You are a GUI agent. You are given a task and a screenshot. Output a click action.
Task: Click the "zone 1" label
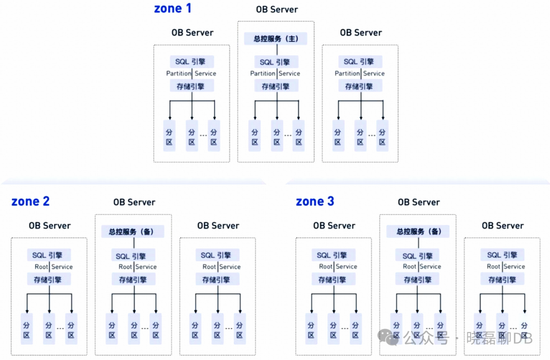pos(173,9)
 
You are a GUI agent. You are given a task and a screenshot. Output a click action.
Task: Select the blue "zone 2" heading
pos(31,202)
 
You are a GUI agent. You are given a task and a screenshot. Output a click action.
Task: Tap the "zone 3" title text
pos(315,202)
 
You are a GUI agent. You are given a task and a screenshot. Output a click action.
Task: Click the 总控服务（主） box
pos(276,39)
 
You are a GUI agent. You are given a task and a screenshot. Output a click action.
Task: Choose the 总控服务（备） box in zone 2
pos(133,232)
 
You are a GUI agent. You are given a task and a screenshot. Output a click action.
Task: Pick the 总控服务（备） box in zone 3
pos(418,232)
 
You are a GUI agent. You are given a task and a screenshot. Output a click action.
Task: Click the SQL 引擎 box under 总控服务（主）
pos(276,62)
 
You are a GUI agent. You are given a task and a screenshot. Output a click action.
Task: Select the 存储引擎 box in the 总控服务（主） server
pos(276,87)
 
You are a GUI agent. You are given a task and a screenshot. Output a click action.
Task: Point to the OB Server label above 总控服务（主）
pos(277,10)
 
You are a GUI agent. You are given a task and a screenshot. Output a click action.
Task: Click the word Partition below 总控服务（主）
pos(263,74)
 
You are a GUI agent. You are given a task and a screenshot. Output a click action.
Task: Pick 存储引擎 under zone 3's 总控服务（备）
pos(418,280)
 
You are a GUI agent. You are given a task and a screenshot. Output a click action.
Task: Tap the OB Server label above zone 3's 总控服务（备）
pos(419,202)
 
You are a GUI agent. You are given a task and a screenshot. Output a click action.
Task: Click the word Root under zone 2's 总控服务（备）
pos(125,267)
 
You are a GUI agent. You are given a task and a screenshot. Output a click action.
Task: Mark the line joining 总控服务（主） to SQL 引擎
pos(277,50)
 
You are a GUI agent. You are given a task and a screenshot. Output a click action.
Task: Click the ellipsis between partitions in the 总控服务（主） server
pos(288,135)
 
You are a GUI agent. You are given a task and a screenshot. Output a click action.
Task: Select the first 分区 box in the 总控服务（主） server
pos(255,136)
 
